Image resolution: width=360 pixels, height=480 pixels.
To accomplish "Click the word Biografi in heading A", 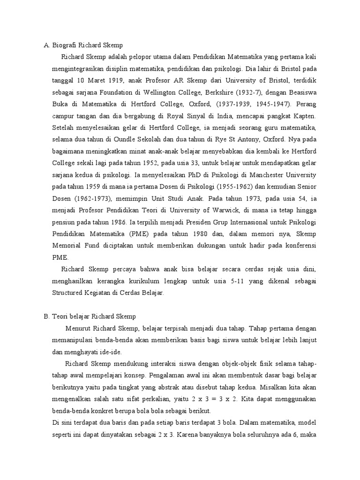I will (64, 45).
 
